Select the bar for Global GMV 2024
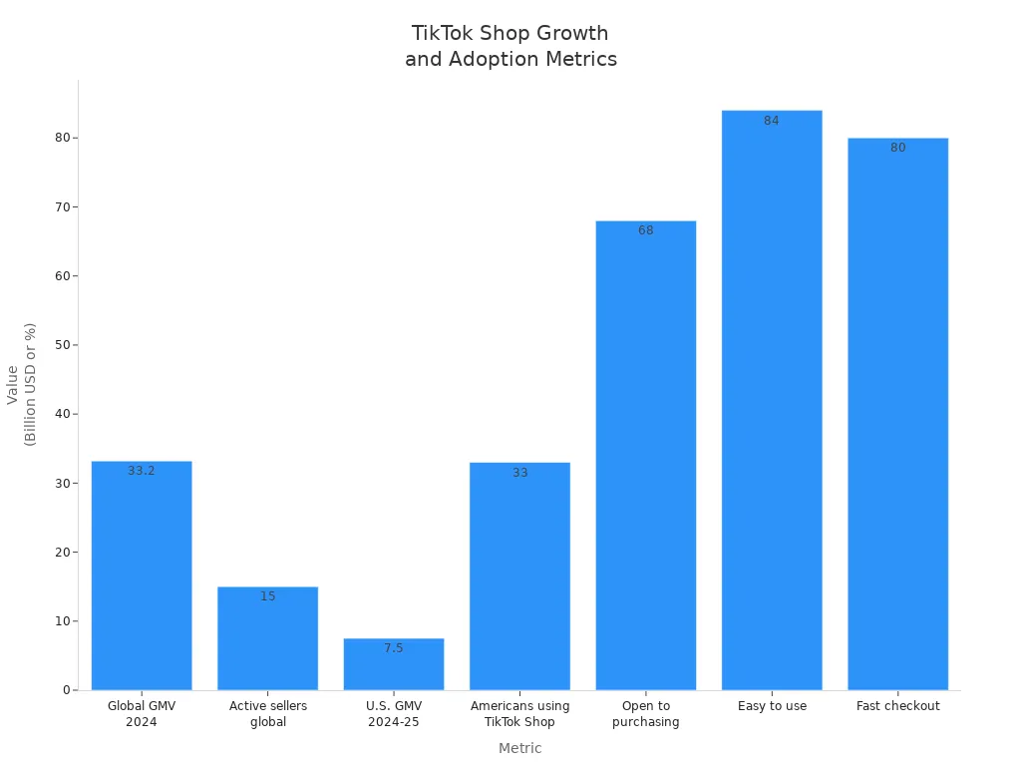tap(142, 578)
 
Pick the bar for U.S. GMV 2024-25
tap(394, 668)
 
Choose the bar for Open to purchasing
tap(646, 459)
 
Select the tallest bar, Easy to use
tap(772, 399)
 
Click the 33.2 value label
tap(142, 471)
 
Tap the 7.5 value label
tap(394, 648)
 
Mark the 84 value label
tap(772, 121)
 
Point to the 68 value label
tap(646, 230)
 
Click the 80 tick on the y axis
tap(61, 138)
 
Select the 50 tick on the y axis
tap(61, 345)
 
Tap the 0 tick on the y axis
tap(66, 690)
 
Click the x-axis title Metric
tap(519, 748)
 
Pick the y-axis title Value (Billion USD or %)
tap(21, 384)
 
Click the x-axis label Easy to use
tap(772, 706)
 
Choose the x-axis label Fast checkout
tap(897, 706)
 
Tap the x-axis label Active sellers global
tap(267, 714)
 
